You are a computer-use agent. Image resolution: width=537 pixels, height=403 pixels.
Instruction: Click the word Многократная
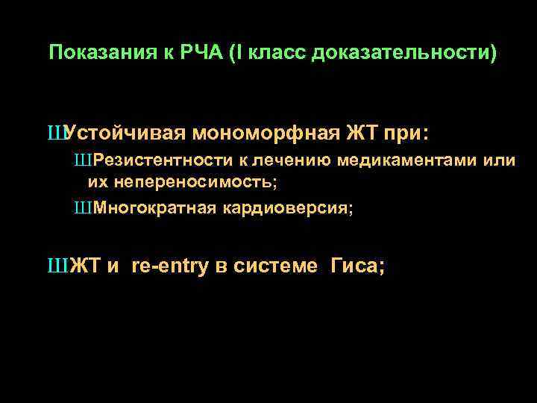click(x=153, y=208)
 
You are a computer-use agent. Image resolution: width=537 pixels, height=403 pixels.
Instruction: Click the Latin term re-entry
click(x=169, y=266)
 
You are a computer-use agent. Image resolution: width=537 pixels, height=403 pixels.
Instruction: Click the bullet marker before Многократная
click(x=81, y=208)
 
